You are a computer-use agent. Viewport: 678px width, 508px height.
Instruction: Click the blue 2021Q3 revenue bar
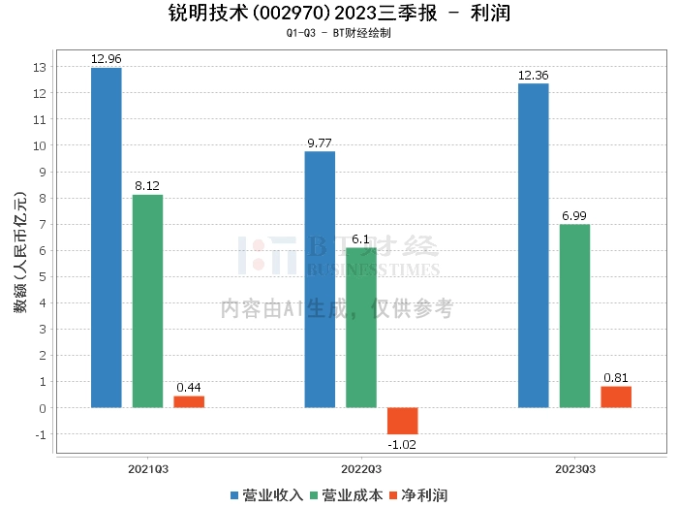pos(106,238)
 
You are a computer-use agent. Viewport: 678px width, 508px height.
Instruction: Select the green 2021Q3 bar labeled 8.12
pos(147,301)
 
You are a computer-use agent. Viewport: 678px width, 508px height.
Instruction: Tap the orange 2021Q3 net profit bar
pos(189,401)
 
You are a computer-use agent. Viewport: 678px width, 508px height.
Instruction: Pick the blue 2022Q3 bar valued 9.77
pos(320,279)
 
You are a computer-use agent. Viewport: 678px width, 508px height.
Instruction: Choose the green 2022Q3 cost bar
pos(361,328)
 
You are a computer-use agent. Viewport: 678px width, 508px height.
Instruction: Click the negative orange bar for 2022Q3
pos(402,421)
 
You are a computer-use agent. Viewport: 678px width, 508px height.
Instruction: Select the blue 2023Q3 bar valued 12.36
pos(533,245)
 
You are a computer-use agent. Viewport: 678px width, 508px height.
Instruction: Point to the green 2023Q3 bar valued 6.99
pos(574,316)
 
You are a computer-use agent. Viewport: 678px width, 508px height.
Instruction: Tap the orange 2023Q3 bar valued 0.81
pos(616,397)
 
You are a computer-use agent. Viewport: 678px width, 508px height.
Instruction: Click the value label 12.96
pos(106,59)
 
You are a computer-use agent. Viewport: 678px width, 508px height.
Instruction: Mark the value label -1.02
pos(402,445)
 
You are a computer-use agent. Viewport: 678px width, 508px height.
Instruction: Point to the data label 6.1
pos(361,238)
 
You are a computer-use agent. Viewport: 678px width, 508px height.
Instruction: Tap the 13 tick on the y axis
pos(40,68)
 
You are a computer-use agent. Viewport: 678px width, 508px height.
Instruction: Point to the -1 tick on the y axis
pos(40,434)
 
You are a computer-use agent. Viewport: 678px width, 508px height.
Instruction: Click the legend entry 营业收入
pos(266,495)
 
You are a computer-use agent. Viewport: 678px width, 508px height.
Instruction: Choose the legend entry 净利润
pos(417,495)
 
